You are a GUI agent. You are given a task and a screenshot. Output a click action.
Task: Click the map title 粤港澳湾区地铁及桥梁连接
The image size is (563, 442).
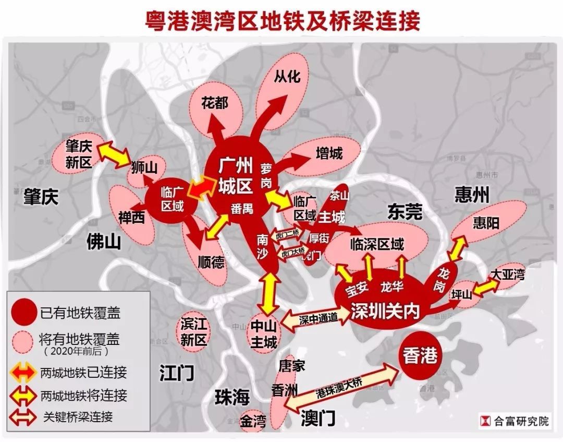point(281,21)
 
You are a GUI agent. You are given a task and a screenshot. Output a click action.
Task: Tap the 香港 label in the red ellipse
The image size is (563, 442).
point(420,356)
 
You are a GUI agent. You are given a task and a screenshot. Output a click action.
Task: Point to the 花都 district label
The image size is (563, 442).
point(215,103)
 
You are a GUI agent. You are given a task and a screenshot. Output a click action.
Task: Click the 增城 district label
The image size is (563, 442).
point(329,153)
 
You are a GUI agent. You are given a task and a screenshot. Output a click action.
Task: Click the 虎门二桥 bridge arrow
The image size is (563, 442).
point(287,234)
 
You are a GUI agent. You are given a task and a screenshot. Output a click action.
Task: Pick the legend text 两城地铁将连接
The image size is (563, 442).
point(83,395)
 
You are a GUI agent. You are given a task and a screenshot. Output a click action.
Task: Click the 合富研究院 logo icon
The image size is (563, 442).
point(485,421)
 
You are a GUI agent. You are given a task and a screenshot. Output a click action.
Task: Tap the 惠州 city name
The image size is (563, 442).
point(472,195)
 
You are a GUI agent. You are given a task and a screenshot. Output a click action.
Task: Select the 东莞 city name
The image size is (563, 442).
point(405,211)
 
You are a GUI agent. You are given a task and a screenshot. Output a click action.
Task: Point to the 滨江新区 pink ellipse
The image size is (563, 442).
point(194,332)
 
